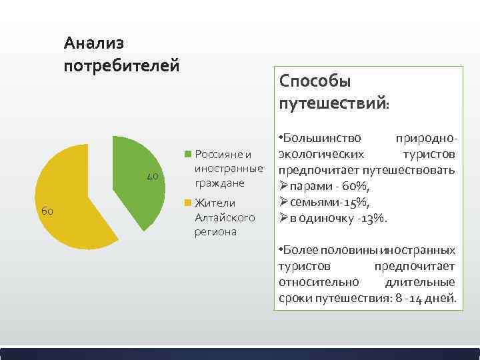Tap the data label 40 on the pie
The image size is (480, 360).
click(152, 176)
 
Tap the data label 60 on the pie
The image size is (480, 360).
click(47, 211)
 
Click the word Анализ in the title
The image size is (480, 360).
click(94, 44)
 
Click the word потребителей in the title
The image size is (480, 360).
click(121, 65)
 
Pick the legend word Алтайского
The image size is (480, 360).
click(225, 217)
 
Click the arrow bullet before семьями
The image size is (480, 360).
click(283, 202)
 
